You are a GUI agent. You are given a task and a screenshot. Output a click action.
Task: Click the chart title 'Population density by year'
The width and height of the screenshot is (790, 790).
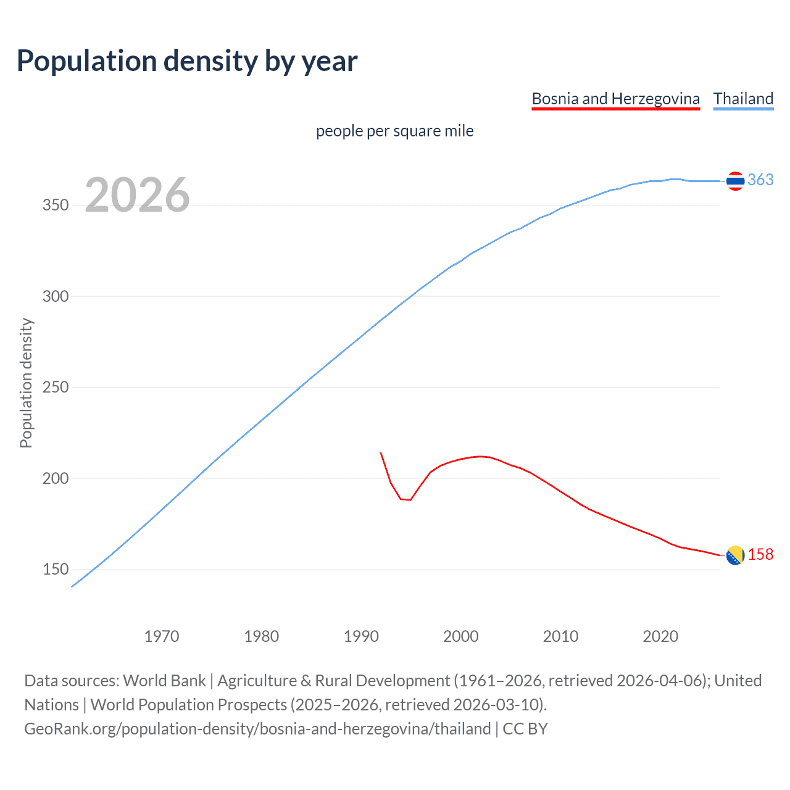(x=187, y=61)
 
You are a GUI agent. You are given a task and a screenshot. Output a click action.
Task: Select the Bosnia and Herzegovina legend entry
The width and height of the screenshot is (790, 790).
(x=615, y=99)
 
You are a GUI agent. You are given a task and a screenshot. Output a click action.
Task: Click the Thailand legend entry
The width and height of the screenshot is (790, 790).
(x=743, y=99)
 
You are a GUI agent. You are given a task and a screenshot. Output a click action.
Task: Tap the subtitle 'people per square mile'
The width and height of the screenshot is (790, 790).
(x=394, y=131)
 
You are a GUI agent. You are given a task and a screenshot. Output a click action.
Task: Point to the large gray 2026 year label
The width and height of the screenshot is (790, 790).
(x=137, y=195)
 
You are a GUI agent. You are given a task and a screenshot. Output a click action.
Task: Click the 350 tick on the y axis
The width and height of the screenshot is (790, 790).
(x=55, y=206)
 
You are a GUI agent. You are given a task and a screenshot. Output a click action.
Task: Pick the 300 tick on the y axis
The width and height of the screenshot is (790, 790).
(x=55, y=296)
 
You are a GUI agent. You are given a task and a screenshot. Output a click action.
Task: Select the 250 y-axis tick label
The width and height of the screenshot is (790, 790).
(x=55, y=388)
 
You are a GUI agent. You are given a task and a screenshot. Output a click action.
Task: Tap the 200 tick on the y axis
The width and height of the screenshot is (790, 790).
(x=55, y=478)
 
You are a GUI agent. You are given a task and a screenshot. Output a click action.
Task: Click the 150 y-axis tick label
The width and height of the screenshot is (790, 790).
(x=55, y=569)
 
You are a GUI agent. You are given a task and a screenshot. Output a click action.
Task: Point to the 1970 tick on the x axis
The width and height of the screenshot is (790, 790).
(x=162, y=636)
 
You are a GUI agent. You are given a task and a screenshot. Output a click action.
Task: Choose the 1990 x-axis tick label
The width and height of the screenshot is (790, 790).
(x=361, y=636)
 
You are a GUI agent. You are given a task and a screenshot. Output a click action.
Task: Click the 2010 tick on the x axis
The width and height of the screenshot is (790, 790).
(x=560, y=636)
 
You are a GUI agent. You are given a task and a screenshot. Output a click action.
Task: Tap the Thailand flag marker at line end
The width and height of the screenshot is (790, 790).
(x=735, y=181)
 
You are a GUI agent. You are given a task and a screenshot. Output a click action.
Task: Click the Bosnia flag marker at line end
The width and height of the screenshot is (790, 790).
(x=735, y=555)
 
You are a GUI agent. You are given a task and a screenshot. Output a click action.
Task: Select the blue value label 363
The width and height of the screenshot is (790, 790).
(x=760, y=180)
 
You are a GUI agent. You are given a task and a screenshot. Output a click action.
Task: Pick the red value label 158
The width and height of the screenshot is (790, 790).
(x=760, y=555)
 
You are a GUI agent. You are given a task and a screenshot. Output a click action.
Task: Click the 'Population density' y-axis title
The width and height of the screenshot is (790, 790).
(x=26, y=383)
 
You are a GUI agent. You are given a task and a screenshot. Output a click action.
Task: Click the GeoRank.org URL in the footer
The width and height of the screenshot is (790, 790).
(x=257, y=729)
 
